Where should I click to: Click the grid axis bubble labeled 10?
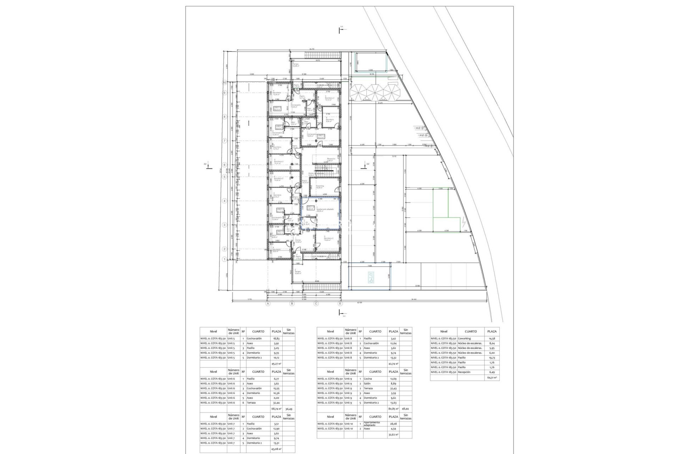click(x=224, y=82)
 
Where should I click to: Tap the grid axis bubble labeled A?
click(x=268, y=304)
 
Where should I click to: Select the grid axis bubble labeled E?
click(x=340, y=304)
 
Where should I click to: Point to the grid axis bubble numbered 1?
click(x=224, y=259)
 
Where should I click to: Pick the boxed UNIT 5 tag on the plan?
click(x=321, y=136)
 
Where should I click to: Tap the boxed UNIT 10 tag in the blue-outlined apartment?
click(x=310, y=207)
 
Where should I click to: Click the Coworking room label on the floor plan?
click(x=320, y=186)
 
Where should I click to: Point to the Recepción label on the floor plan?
click(x=331, y=159)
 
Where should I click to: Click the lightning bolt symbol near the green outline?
click(x=464, y=223)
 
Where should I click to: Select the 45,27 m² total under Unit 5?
click(x=276, y=364)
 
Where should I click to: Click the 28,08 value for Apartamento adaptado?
click(x=393, y=424)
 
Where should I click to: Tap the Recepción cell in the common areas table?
click(x=464, y=372)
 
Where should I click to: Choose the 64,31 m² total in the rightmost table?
click(x=492, y=378)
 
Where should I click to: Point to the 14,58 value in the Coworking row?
click(x=492, y=339)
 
